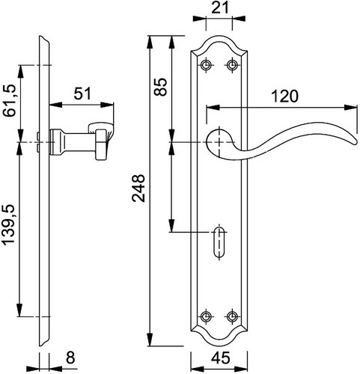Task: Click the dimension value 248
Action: (x=138, y=188)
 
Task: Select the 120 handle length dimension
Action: (x=284, y=96)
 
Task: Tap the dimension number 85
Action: (x=160, y=87)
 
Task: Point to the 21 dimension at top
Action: (x=220, y=8)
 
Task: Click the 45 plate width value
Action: (x=220, y=358)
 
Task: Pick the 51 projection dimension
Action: (x=82, y=94)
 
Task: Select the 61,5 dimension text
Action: (x=10, y=100)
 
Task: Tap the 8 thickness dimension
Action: (x=70, y=358)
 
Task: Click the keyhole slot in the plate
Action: (x=219, y=242)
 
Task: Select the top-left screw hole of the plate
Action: (x=206, y=65)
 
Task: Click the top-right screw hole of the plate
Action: (x=233, y=65)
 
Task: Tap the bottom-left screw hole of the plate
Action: (x=206, y=316)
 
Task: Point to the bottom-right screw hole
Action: (x=233, y=316)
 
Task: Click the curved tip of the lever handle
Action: (x=354, y=141)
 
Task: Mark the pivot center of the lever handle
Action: (x=219, y=142)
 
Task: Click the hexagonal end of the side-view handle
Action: (x=101, y=145)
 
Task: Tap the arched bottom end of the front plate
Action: (x=219, y=345)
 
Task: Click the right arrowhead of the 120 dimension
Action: (x=350, y=108)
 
